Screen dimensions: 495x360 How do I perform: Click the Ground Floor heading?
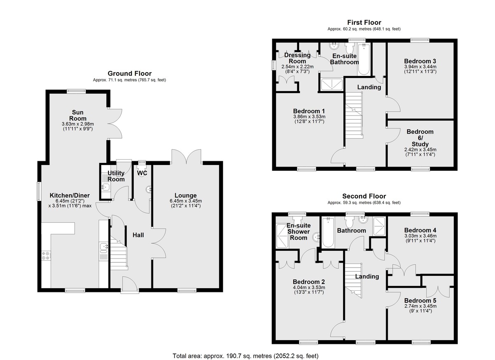pos(130,73)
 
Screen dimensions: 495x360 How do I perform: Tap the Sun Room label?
pos(78,115)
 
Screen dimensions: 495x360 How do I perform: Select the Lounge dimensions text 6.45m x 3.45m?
pos(186,201)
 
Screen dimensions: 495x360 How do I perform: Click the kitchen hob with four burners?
pos(46,256)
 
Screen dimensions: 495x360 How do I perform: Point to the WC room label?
pos(142,173)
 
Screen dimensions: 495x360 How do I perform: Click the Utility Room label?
pos(116,176)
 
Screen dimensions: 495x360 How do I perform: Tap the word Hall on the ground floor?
pos(138,235)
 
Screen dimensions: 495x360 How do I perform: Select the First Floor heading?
pos(364,23)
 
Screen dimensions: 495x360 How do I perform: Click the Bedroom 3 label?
pos(420,61)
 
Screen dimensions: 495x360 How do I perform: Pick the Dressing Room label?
pos(297,58)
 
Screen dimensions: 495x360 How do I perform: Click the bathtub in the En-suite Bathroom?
pos(364,59)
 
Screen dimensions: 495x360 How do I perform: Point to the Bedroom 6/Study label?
pos(420,138)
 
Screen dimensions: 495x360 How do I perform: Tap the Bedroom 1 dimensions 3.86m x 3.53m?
pos(309,117)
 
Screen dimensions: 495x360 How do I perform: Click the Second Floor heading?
pos(364,196)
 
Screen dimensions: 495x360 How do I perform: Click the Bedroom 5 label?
pos(420,301)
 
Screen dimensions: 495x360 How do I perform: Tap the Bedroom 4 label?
pos(420,231)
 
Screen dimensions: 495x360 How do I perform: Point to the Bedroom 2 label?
pos(309,282)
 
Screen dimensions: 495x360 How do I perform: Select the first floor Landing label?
pos(369,87)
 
